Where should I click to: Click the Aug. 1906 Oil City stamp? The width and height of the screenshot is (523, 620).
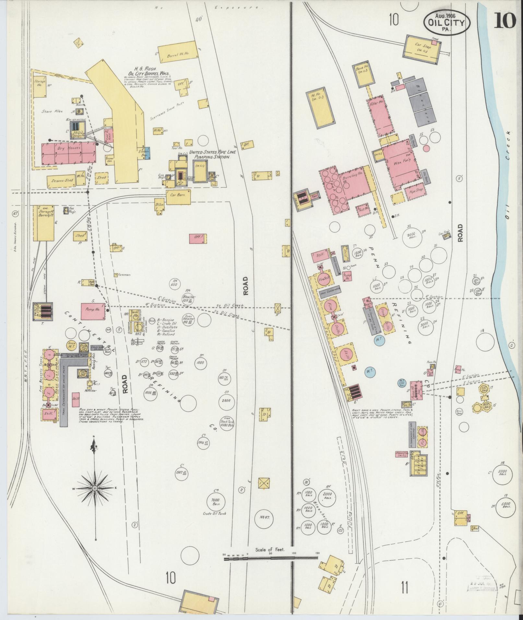(446, 22)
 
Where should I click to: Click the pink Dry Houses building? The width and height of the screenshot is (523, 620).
(68, 154)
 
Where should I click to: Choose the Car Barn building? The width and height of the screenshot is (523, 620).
(178, 197)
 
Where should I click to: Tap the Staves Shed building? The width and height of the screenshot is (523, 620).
(60, 181)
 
